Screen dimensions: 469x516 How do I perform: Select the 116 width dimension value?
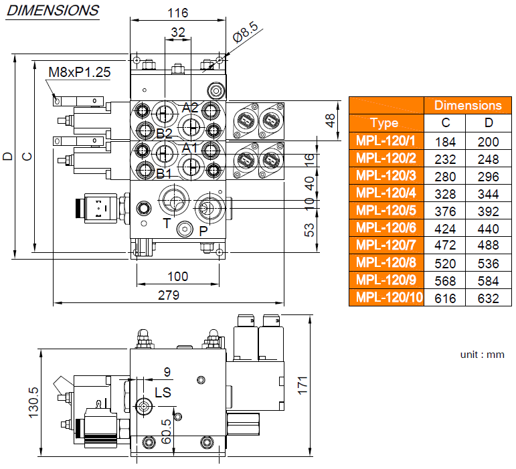tap(178, 13)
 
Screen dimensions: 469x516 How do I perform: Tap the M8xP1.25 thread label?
tap(79, 72)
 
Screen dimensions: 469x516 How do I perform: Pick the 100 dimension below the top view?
tap(177, 276)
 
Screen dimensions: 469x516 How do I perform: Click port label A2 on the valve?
tap(190, 107)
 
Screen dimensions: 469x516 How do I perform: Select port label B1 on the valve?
tap(164, 173)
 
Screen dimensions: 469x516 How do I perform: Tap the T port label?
tap(166, 223)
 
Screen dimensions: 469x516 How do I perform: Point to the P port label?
tap(203, 230)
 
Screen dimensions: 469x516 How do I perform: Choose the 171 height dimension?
tap(302, 385)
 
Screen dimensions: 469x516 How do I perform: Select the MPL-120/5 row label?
tap(386, 211)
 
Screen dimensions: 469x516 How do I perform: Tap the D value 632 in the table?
tap(489, 298)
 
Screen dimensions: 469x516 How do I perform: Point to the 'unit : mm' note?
tap(482, 355)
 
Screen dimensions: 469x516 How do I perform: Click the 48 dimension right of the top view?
tap(329, 120)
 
